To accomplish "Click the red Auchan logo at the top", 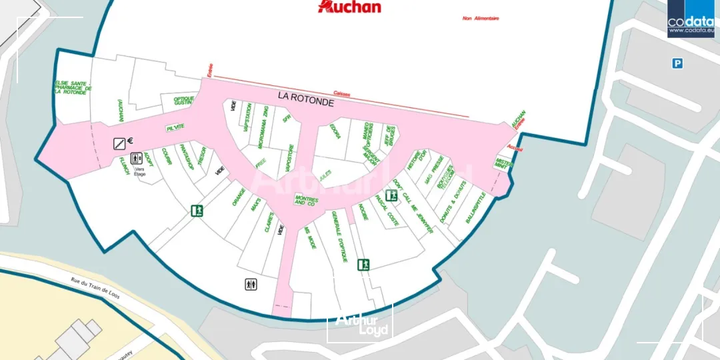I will [350, 7].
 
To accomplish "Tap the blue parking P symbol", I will [677, 63].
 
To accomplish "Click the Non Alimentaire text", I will [481, 19].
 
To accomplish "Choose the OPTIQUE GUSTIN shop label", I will [183, 101].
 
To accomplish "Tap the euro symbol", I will [131, 141].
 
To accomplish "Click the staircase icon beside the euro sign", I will [119, 142].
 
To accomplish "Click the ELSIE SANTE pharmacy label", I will [73, 87].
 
